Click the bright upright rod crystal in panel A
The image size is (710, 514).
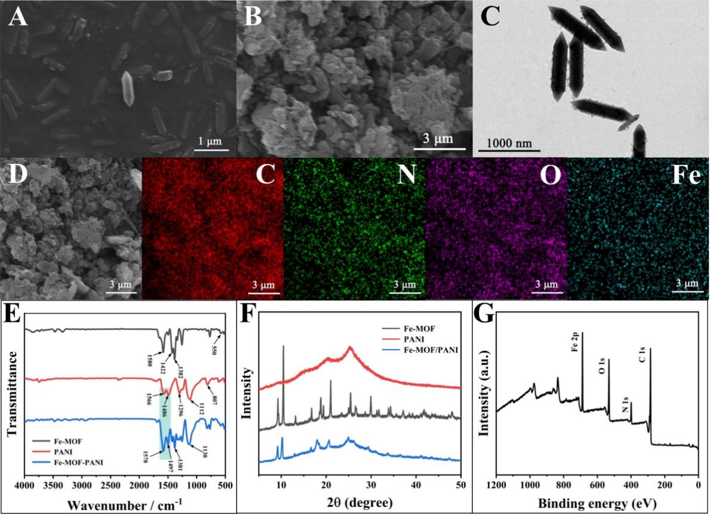click(127, 88)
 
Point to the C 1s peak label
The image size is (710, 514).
click(644, 359)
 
